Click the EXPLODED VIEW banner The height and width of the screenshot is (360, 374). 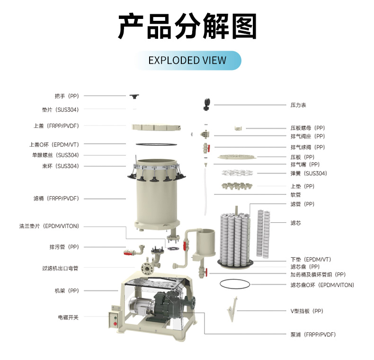[188, 61]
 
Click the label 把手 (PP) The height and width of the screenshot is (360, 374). [67, 96]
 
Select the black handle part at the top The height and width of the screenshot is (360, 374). [134, 97]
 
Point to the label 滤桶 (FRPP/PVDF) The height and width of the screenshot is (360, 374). [56, 199]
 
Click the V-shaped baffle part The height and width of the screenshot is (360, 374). [232, 309]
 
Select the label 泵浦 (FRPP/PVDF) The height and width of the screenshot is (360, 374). [313, 335]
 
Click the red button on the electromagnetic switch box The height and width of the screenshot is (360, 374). [115, 324]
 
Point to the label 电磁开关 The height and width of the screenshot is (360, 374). [68, 317]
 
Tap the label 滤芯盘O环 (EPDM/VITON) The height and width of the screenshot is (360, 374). [322, 285]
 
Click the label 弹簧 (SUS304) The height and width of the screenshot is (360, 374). [309, 174]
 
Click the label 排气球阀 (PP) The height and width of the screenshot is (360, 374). [308, 147]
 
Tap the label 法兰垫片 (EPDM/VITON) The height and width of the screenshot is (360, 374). [49, 226]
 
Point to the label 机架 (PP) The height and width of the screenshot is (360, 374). [67, 291]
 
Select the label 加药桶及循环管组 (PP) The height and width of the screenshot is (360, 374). [318, 275]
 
